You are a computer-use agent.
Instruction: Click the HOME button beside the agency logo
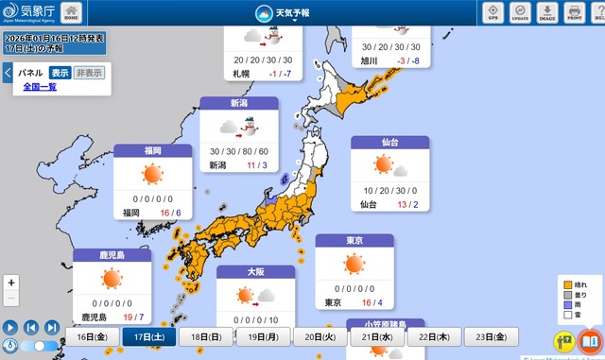[72, 12]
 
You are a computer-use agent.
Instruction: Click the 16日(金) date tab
[92, 336]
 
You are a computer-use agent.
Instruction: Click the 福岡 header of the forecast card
[152, 150]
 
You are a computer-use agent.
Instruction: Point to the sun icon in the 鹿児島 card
[112, 278]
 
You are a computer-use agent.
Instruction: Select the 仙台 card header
[389, 142]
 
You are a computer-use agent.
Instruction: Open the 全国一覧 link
[40, 87]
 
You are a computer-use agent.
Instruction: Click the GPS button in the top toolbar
[493, 12]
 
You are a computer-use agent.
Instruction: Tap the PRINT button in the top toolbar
[573, 12]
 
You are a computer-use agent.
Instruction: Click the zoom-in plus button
[11, 283]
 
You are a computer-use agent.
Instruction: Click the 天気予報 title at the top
[291, 13]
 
